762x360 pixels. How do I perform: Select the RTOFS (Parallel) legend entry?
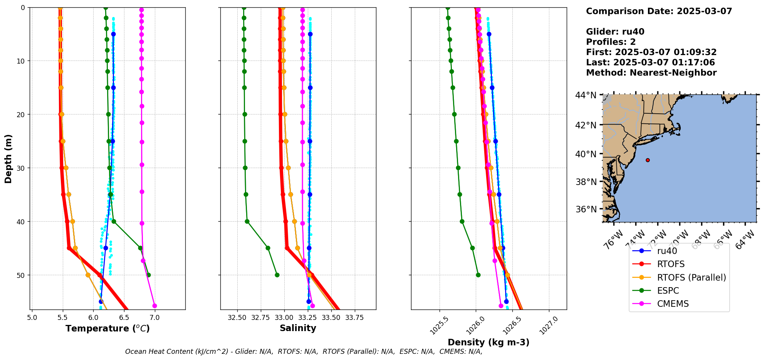tap(691, 278)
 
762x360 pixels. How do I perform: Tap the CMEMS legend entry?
tap(673, 304)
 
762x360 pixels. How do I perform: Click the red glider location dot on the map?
tap(648, 160)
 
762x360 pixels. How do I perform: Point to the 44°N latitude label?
tap(586, 95)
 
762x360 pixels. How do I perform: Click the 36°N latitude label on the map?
tap(586, 209)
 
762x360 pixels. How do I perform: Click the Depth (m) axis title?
tap(8, 158)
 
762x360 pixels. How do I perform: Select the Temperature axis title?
tap(107, 328)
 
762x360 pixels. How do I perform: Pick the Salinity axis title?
tap(298, 328)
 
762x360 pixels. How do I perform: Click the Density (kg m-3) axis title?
tap(488, 342)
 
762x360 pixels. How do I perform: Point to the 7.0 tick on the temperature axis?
tap(154, 318)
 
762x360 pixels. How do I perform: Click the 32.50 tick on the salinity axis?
tap(237, 318)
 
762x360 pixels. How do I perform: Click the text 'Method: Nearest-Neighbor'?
tap(651, 73)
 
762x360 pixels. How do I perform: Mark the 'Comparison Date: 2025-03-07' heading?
tap(659, 11)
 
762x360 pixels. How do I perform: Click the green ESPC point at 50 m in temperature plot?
tap(149, 275)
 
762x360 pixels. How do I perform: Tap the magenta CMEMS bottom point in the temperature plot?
tap(154, 306)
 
